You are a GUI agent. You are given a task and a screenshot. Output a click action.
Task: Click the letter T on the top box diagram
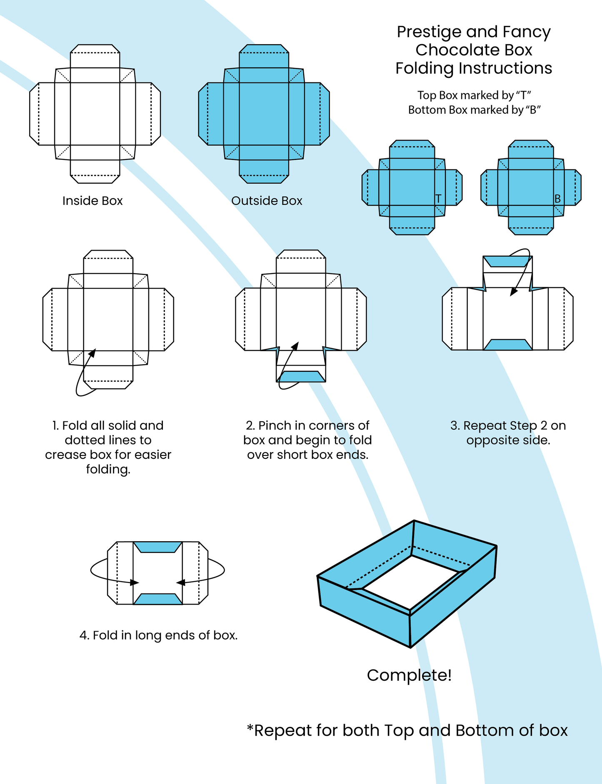coord(438,199)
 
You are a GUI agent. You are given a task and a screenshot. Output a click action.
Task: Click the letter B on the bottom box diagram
coord(557,199)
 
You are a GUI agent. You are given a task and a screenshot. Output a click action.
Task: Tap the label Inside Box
coord(92,201)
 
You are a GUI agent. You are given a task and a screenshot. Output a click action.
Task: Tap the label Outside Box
coord(267,201)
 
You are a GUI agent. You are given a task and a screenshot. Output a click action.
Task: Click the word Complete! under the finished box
coord(409,675)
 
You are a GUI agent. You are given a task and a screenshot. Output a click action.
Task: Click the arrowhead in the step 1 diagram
coord(92,353)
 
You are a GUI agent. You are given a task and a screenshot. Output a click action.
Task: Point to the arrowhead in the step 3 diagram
coord(514,292)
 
